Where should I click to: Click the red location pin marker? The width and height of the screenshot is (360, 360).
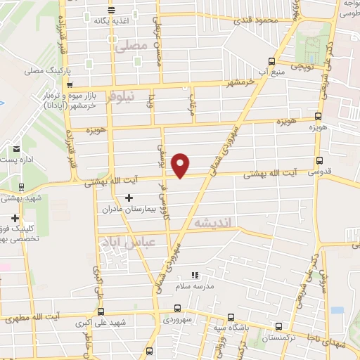coord(181,165)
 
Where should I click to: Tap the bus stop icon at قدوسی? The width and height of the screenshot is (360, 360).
coord(321,160)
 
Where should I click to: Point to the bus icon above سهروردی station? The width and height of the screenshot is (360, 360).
coord(177,308)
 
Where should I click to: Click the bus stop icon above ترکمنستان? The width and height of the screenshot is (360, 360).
coord(279,326)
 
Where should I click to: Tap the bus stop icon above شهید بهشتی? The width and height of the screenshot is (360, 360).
coord(22,187)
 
